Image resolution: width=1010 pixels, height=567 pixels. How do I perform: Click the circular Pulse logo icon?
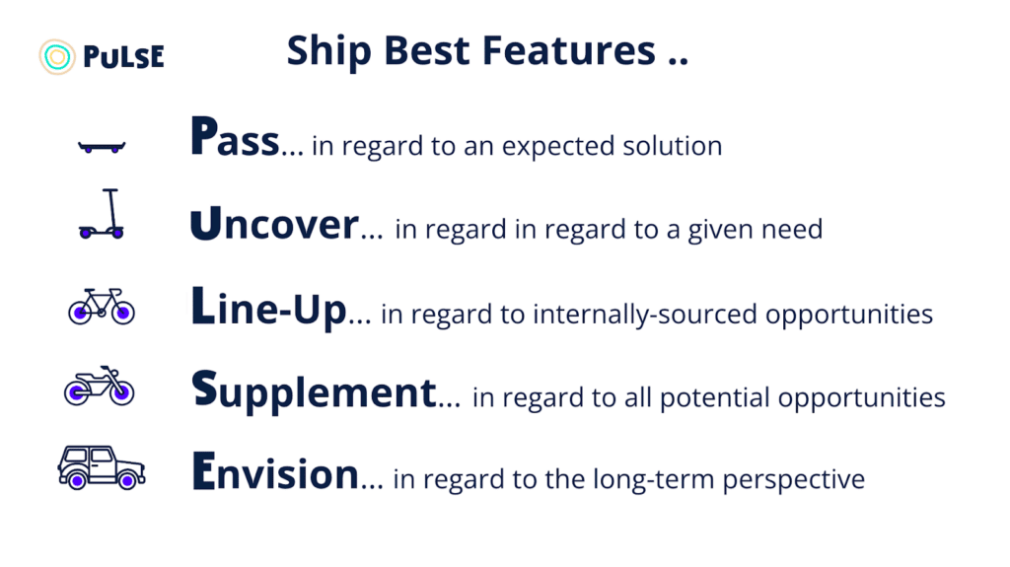[x=56, y=57]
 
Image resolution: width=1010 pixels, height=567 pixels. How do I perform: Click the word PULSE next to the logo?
[x=123, y=57]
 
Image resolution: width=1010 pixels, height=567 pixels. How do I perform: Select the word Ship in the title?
[x=328, y=52]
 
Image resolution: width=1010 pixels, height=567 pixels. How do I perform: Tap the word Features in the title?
[x=569, y=50]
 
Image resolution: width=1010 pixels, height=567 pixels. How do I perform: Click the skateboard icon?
[x=102, y=147]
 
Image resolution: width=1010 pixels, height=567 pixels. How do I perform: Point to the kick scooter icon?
[x=102, y=214]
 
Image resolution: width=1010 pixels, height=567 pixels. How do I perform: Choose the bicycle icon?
[x=102, y=306]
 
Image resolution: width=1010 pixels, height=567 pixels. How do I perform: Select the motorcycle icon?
[x=100, y=386]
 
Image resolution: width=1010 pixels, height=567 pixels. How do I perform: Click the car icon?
[x=102, y=467]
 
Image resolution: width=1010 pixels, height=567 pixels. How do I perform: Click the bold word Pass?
[x=235, y=137]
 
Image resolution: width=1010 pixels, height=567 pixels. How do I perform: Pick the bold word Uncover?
[x=274, y=224]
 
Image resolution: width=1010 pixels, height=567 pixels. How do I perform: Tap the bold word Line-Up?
[x=269, y=308]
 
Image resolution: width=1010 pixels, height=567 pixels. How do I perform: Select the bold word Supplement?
[x=315, y=391]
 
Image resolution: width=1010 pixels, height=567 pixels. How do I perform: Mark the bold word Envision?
[x=275, y=471]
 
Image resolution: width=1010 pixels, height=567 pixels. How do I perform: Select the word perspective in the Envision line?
[x=794, y=480]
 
